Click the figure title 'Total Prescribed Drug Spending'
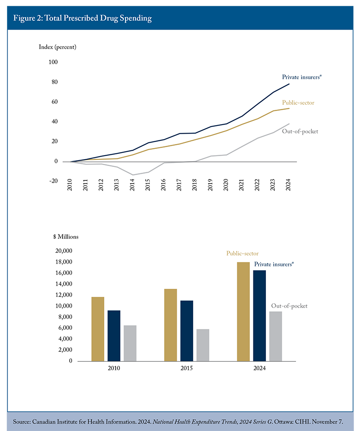(x=100, y=18)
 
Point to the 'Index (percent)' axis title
(x=58, y=47)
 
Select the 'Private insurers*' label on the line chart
(x=302, y=77)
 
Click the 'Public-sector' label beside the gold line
(x=298, y=103)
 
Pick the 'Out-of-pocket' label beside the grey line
(x=300, y=131)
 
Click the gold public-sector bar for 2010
(x=98, y=329)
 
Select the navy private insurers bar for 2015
(x=186, y=331)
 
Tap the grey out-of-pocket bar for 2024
(x=275, y=336)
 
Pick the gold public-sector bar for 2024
(x=243, y=311)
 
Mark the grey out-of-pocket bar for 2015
(x=202, y=345)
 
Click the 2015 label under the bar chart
(x=186, y=368)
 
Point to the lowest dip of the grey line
(x=132, y=175)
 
